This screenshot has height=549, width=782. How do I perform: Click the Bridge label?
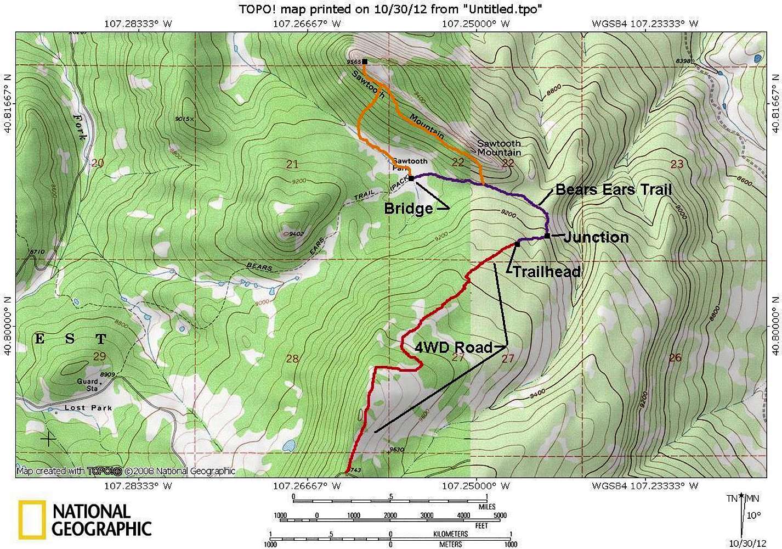[408, 209]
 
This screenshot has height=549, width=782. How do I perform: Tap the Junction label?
[596, 237]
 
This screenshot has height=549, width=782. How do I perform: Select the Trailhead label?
[546, 271]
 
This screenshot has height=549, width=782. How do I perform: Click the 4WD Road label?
[454, 347]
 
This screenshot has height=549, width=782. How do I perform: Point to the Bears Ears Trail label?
[614, 190]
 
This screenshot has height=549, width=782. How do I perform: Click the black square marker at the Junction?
[547, 236]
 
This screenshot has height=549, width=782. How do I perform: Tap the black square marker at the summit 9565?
[365, 61]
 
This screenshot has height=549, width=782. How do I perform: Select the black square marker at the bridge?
[411, 178]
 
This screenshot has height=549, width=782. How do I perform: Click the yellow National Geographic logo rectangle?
[31, 519]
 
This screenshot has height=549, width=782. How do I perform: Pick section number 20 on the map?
[98, 163]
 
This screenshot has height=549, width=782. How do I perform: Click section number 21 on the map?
[292, 164]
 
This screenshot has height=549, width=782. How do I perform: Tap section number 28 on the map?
[292, 358]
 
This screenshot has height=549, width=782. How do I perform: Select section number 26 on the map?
[675, 357]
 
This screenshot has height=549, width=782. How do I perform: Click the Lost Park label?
[88, 408]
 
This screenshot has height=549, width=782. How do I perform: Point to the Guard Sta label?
[88, 385]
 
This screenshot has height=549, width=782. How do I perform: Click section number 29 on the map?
[99, 357]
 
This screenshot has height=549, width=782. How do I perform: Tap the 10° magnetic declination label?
[753, 515]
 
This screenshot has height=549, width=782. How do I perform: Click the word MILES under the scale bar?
[483, 507]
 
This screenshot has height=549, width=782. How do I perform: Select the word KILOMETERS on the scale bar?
[449, 534]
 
